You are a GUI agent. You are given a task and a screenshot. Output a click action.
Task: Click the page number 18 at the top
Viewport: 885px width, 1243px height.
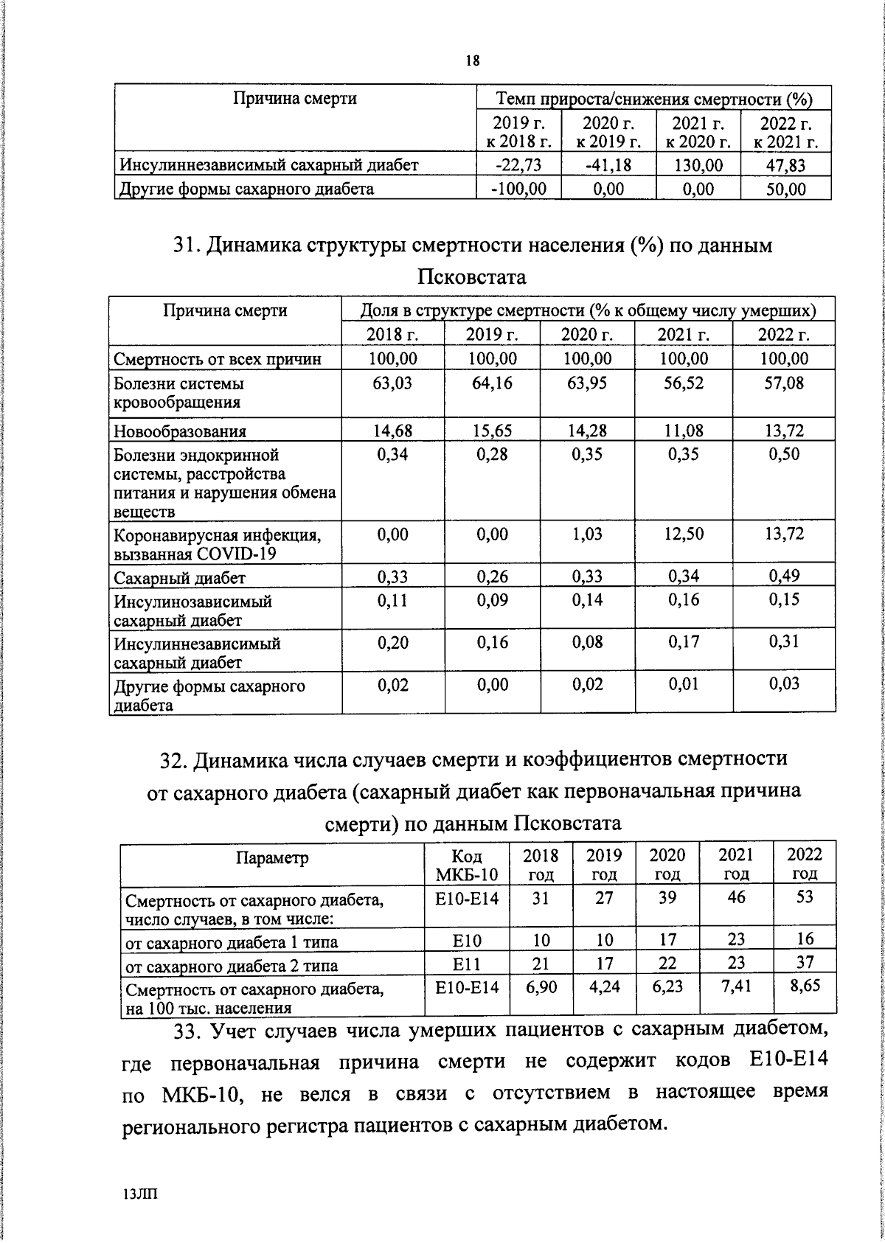point(472,62)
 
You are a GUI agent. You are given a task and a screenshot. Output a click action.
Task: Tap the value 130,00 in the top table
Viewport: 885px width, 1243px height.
point(698,165)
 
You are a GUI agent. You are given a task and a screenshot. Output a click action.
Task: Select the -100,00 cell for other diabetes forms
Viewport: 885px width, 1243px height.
point(518,189)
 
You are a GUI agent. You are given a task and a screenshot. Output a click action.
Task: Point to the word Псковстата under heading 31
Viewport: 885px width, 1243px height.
point(472,278)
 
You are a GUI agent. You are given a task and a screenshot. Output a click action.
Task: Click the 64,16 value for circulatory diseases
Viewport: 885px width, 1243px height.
point(492,383)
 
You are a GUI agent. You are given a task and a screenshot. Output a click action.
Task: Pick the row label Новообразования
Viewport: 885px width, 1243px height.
point(180,431)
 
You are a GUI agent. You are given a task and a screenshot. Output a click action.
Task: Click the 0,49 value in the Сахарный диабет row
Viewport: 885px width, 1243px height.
point(784,576)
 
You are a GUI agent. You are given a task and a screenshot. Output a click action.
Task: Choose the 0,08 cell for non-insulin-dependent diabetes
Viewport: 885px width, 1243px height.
point(587,642)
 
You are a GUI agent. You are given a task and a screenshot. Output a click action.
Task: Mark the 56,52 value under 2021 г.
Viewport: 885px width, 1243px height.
point(684,383)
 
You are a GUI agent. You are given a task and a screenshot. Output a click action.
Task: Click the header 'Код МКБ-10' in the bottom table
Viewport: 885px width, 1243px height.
point(467,865)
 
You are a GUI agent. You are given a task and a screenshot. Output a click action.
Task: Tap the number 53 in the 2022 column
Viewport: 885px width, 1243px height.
point(805,896)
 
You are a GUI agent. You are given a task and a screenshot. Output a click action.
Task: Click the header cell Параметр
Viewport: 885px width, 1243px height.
point(272,858)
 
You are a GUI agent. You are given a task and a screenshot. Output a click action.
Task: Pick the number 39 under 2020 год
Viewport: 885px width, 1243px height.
point(667,897)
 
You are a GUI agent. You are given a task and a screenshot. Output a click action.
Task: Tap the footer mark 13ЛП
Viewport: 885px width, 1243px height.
point(141,1194)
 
